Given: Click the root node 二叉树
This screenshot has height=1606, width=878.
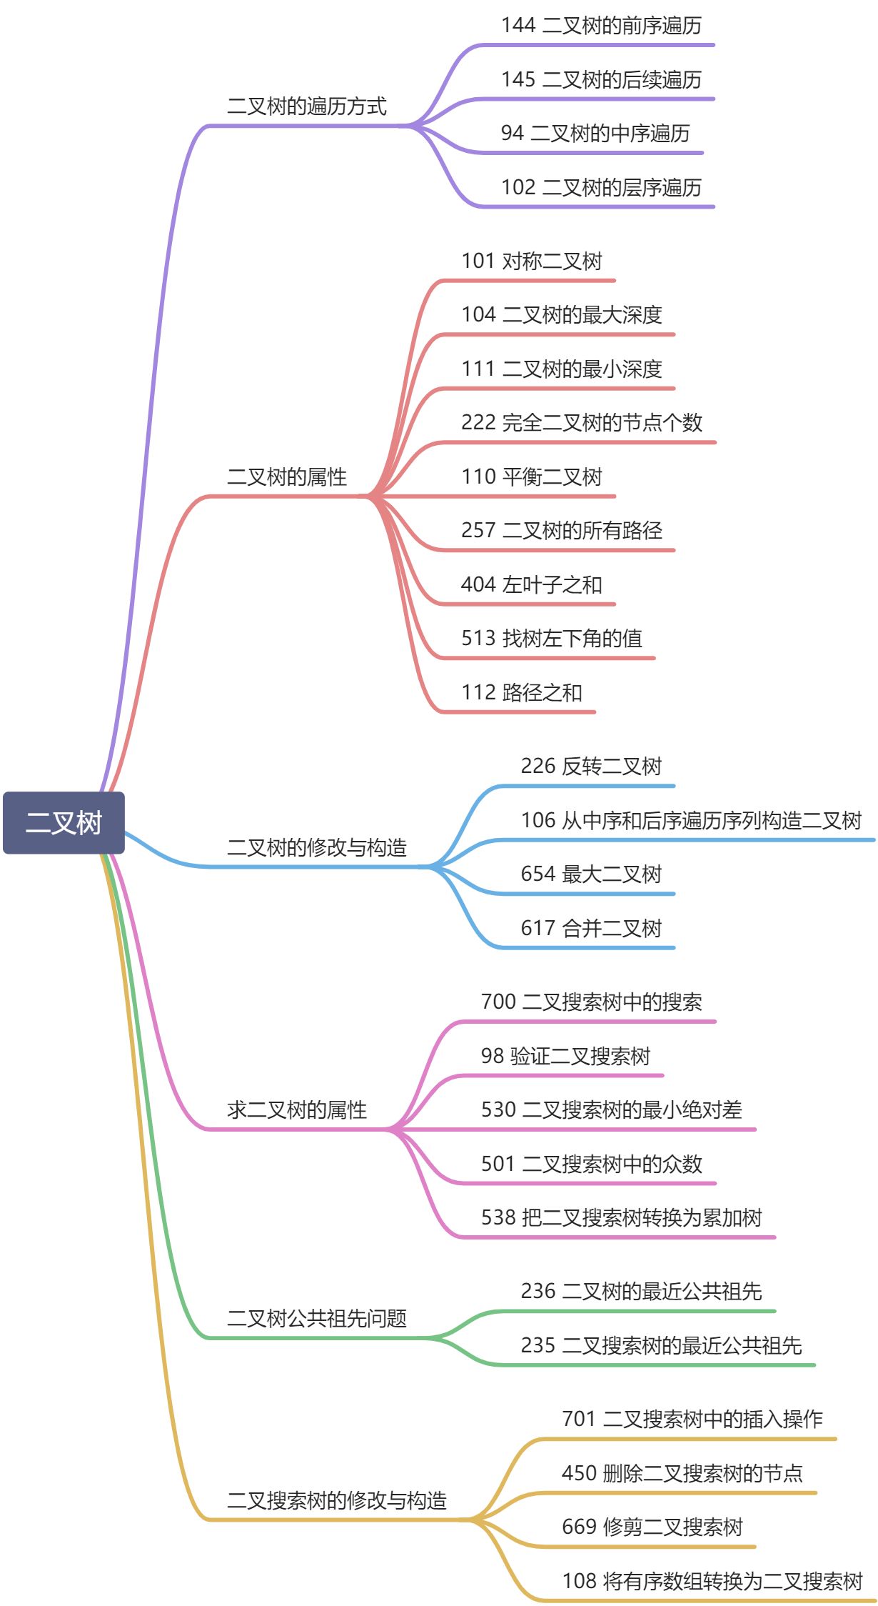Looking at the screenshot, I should [64, 822].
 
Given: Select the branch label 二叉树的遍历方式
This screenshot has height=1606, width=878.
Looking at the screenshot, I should [307, 106].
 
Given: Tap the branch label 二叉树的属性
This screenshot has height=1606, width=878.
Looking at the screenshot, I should [287, 477].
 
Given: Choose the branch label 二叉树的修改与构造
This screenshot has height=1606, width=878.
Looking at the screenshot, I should [317, 847].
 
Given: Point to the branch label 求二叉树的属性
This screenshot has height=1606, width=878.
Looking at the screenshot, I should [297, 1109].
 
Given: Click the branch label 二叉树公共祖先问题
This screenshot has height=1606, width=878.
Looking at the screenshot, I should [317, 1318].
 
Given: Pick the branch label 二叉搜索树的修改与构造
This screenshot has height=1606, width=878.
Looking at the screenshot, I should [337, 1500].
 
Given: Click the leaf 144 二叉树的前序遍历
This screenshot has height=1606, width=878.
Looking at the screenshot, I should [601, 26].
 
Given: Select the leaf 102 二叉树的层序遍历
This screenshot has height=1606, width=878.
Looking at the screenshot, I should [601, 187].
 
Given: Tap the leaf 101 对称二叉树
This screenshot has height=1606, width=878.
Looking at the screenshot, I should [532, 261].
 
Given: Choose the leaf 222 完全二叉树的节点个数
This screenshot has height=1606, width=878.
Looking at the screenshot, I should [582, 422].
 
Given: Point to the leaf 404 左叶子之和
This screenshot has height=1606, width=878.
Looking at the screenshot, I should [532, 584].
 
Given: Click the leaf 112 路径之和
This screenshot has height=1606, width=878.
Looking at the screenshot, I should [522, 692].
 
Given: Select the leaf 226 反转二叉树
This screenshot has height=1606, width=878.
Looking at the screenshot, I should [591, 766].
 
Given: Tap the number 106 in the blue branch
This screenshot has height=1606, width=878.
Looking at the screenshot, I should [538, 820].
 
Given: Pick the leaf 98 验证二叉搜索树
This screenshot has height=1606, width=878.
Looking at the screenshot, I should [565, 1056].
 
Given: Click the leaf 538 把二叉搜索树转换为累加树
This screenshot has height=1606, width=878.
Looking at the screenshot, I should [621, 1217].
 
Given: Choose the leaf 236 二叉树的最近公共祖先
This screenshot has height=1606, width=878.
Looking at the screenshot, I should [641, 1291].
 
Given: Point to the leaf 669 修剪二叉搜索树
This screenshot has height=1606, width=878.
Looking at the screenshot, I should [652, 1527].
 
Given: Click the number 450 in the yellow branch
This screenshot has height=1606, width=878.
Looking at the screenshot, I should [579, 1473].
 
